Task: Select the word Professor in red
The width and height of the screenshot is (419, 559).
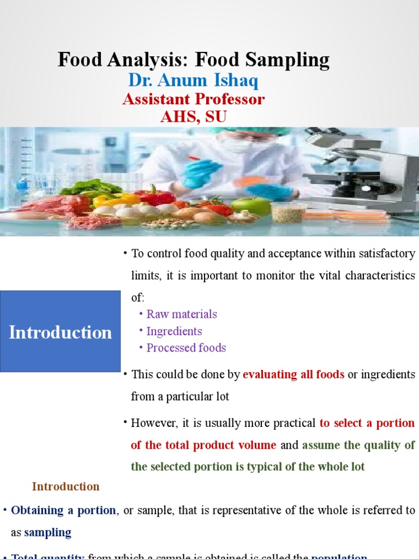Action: coord(229,99)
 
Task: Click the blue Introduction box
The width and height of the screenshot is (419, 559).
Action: coord(60,332)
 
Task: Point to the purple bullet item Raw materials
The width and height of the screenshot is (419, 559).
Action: coord(182,314)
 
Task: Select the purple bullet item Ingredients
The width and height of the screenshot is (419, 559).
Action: coord(174,331)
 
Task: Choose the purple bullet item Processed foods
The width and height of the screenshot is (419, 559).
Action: coord(186,348)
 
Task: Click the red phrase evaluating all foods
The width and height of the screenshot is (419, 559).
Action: coord(294,374)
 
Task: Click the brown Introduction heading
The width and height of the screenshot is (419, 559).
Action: coord(65,486)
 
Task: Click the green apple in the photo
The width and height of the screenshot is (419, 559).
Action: coord(250,207)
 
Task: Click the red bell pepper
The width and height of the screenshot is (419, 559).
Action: coord(159,197)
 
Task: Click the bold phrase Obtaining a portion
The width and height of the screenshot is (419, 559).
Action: coord(63,510)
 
